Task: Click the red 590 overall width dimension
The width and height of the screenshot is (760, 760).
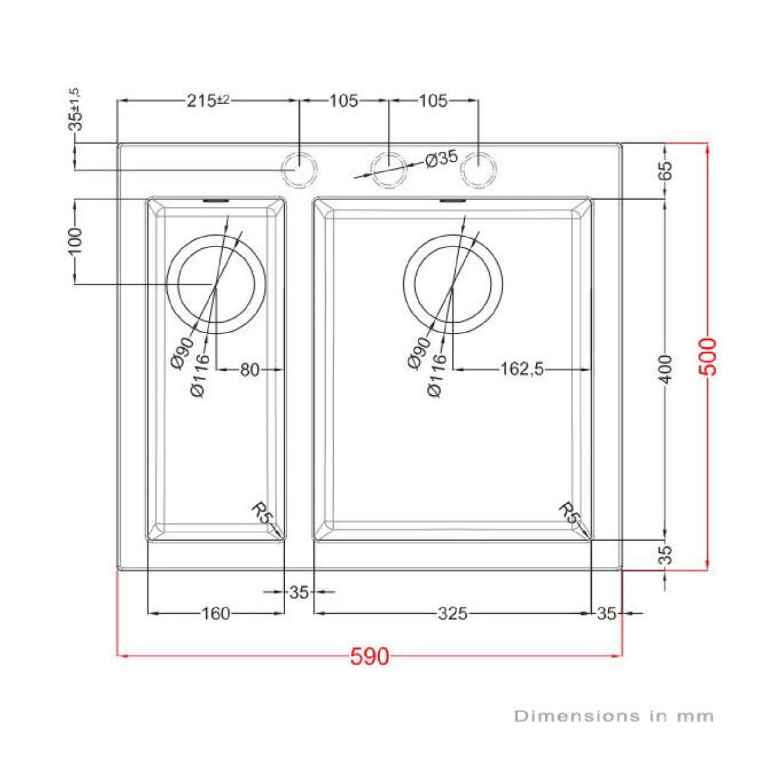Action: pos(370,656)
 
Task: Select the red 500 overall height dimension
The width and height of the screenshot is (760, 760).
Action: pos(708,356)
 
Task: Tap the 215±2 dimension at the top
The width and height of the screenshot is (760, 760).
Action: pos(208,101)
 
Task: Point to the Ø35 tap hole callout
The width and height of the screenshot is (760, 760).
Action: pos(441,159)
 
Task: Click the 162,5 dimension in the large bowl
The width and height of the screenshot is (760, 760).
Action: pos(522,369)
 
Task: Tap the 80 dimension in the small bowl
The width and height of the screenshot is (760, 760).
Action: pos(250,369)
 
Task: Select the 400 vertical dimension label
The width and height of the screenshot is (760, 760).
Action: pos(666,369)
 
